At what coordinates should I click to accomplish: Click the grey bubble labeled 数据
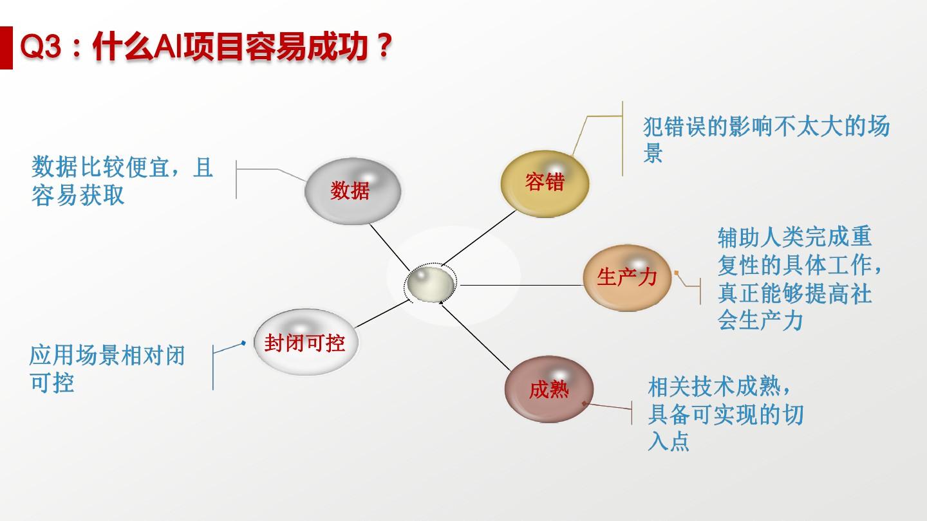pos(353,191)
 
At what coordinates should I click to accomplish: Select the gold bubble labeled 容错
pos(545,183)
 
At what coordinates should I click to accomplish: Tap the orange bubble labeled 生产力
pos(627,277)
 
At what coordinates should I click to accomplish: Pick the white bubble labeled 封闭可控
pos(306,342)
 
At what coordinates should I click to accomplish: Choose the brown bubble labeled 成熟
pos(549,389)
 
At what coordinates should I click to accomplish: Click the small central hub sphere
pos(431,284)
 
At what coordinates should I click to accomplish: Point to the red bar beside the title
pos(6,48)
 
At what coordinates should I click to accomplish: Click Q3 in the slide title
pos(41,46)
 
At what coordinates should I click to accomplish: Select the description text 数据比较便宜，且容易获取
pos(122,181)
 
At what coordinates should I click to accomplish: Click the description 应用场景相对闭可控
pos(107,369)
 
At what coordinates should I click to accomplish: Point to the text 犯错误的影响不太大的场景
pos(766,140)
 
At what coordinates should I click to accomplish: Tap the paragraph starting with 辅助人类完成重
pos(800,279)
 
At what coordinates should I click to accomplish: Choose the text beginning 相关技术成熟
pos(726,414)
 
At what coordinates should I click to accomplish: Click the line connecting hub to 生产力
pos(522,285)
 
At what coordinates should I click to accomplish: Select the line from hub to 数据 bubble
pos(389,247)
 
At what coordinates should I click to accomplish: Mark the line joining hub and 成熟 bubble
pos(475,336)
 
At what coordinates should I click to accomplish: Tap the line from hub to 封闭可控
pos(382,314)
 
